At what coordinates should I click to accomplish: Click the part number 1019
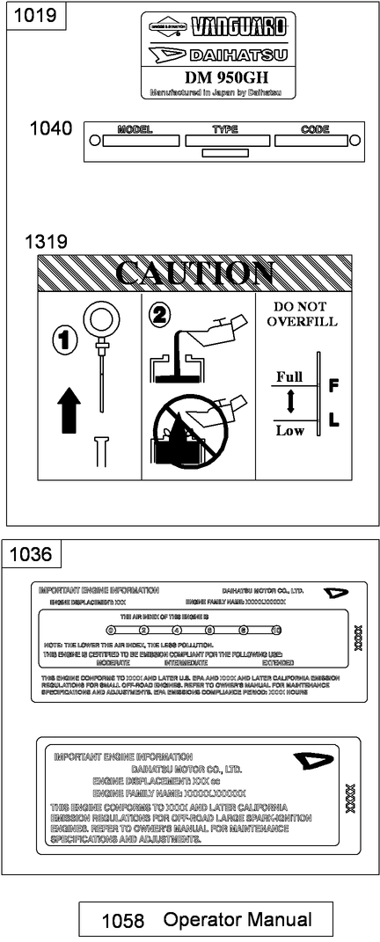(x=33, y=18)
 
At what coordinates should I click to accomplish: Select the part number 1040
(x=51, y=128)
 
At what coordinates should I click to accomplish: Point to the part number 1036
(x=32, y=555)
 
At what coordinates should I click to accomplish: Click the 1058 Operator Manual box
(x=207, y=920)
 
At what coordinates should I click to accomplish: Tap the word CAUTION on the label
(x=194, y=273)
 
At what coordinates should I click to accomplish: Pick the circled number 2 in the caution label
(x=160, y=314)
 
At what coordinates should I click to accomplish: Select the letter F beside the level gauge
(x=333, y=385)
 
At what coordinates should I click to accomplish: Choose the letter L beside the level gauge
(x=333, y=421)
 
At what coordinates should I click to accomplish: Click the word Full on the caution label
(x=289, y=376)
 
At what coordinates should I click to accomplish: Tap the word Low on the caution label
(x=289, y=430)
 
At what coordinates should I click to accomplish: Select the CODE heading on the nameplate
(x=315, y=129)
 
